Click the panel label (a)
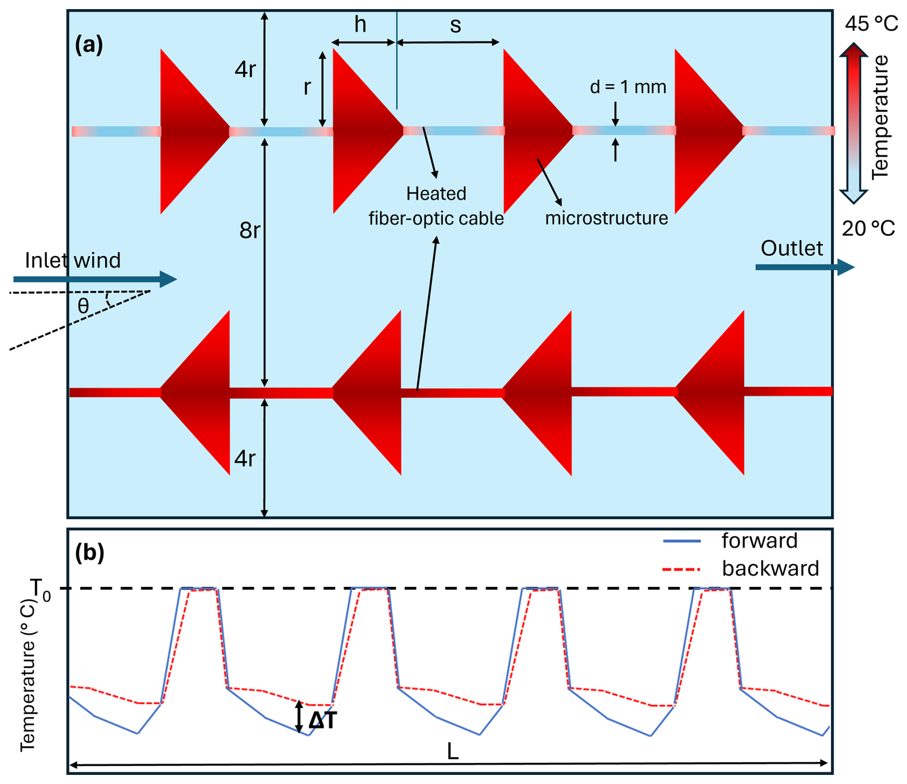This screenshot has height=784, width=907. (x=89, y=45)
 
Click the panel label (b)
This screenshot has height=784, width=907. (x=89, y=552)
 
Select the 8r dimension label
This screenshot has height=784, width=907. (x=249, y=231)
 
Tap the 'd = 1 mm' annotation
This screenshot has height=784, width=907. (x=628, y=87)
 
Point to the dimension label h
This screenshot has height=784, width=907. (x=360, y=24)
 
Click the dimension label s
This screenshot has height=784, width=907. (x=455, y=25)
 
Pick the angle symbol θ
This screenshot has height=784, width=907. (x=83, y=305)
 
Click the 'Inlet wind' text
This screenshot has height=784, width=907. (x=73, y=260)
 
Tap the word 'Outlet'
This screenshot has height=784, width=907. (x=791, y=248)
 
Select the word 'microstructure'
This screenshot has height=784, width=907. (x=606, y=218)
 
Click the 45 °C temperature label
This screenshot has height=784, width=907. (x=871, y=23)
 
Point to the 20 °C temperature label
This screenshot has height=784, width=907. (x=868, y=229)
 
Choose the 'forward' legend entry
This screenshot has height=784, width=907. (x=759, y=541)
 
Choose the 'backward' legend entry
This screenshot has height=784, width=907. (x=770, y=569)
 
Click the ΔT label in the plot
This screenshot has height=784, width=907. (x=323, y=720)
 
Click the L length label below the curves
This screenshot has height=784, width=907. (x=453, y=751)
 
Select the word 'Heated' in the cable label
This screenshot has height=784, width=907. (x=436, y=194)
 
